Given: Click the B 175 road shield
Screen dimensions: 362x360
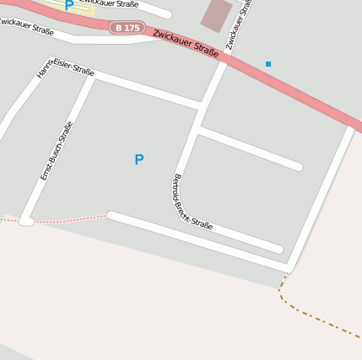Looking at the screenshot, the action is pos(127,28).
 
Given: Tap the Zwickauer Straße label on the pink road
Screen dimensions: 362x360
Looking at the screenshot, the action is pos(186,43).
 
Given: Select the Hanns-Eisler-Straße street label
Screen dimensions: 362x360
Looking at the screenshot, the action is pos(67,67).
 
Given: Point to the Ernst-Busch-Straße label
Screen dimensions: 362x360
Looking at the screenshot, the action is pos(57,151).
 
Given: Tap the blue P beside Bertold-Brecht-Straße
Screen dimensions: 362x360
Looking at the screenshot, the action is pos(139,159).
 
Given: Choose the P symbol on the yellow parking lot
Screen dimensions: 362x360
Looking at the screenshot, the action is pos(68,5).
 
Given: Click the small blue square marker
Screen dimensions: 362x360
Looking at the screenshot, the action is pos(268,64).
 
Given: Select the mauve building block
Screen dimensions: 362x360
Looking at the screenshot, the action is pos(217,13).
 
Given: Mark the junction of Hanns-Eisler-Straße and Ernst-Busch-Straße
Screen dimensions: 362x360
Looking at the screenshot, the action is pos(90,78).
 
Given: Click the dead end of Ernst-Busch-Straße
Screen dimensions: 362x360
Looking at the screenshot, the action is pos(26,221).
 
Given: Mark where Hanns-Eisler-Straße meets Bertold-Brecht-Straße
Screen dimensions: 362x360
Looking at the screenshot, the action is pos(199,107).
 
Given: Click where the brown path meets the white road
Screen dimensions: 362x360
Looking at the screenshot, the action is pos(289,271).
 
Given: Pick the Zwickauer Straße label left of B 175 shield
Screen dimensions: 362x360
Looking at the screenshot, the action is pos(26,27).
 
